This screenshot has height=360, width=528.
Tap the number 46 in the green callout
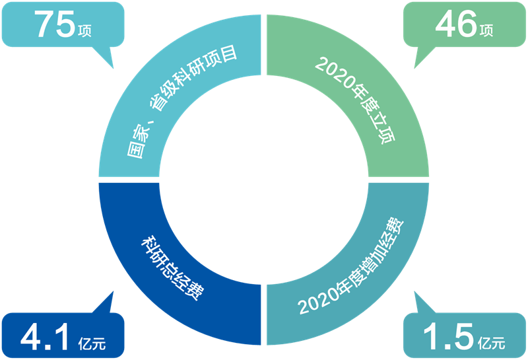(x=455, y=24)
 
